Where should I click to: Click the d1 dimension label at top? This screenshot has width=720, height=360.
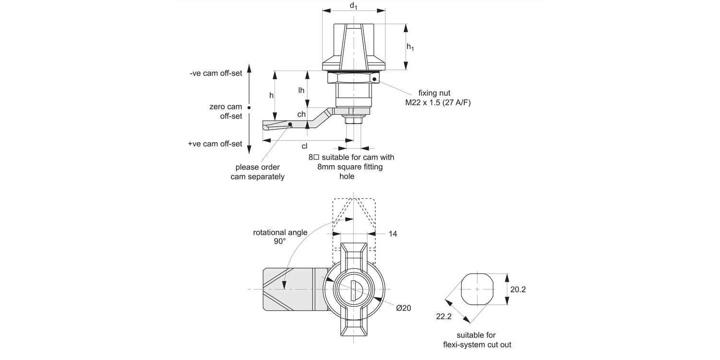(354, 6)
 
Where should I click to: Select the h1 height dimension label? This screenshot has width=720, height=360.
(410, 47)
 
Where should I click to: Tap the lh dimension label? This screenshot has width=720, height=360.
(301, 90)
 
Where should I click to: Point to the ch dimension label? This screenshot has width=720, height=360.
(301, 114)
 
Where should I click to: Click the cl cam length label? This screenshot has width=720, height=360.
(304, 146)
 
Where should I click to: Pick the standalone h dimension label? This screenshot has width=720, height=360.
(271, 96)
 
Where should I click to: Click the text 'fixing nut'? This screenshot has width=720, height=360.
(434, 93)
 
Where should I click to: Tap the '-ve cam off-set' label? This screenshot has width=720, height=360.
(216, 74)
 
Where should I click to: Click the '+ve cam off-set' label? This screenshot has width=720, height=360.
(215, 144)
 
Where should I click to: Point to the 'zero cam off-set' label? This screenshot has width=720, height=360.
(226, 111)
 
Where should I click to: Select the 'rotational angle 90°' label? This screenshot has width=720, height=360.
(280, 237)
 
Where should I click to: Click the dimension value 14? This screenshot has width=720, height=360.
(393, 234)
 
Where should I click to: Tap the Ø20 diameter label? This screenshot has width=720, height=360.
(404, 308)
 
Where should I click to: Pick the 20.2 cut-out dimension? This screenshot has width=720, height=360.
(519, 289)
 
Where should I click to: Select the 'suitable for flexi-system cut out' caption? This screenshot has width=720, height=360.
(476, 340)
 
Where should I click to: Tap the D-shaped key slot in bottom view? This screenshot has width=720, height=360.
(353, 290)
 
